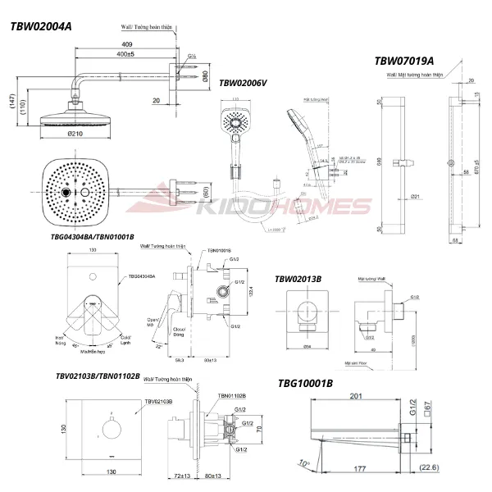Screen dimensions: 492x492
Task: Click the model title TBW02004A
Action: (40, 26)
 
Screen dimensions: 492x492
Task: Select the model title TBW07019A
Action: (404, 61)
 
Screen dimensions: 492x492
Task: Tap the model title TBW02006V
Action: (243, 84)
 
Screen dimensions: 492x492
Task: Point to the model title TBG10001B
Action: (305, 383)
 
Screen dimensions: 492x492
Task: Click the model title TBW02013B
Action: (298, 279)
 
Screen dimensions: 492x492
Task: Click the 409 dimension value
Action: (127, 44)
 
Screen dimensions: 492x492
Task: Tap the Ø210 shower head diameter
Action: (75, 134)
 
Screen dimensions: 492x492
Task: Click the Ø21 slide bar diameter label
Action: (417, 197)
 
